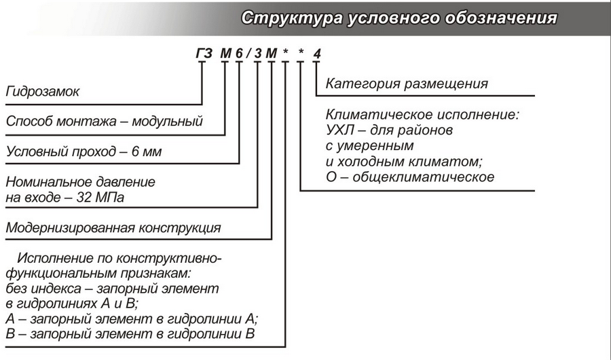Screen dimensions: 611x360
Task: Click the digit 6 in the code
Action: (x=239, y=53)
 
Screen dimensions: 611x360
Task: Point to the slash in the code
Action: (x=248, y=53)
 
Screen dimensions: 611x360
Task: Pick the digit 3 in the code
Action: (x=258, y=53)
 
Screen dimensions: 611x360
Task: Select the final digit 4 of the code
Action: (x=316, y=53)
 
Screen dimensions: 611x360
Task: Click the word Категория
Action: (x=360, y=84)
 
